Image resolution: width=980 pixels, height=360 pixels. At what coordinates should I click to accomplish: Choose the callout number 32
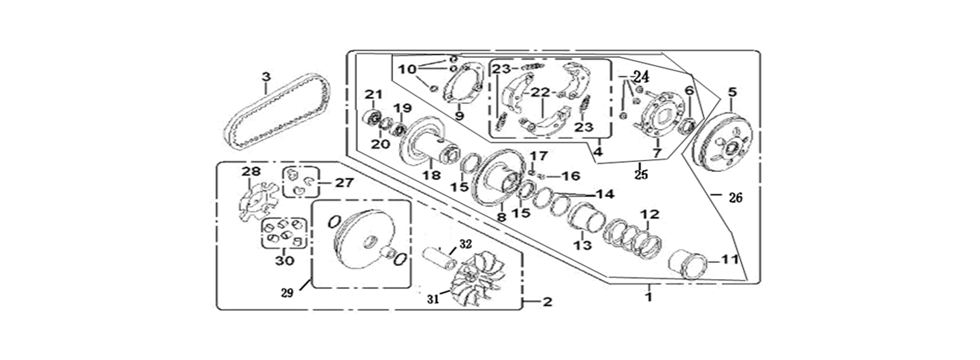pos(465,244)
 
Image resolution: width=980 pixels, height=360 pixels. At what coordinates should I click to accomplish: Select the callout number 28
pos(249,173)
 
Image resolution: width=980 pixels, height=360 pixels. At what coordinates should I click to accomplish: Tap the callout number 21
pos(373,94)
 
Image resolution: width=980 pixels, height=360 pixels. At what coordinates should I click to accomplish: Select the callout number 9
pos(460,116)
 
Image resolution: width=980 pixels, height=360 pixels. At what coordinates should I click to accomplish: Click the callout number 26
pos(735,197)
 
